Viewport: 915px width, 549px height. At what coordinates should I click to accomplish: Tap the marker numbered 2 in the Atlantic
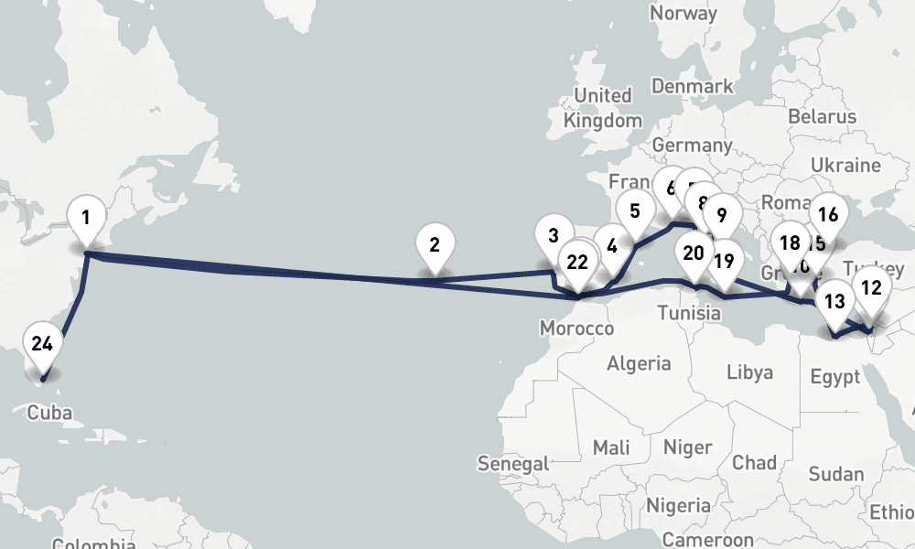pos(434,246)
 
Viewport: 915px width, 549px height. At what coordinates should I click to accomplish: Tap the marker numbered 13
pos(834,301)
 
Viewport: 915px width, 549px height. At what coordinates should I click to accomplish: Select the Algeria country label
pos(639,363)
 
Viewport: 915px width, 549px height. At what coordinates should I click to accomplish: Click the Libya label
pos(749,372)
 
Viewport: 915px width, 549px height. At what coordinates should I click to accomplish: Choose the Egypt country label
pos(834,377)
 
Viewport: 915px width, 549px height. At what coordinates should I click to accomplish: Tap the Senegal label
pos(513,464)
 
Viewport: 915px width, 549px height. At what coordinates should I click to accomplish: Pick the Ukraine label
pos(851,166)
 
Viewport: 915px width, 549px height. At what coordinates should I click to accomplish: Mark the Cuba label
pos(49,412)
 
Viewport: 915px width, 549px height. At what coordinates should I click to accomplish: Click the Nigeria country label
pos(678,505)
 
